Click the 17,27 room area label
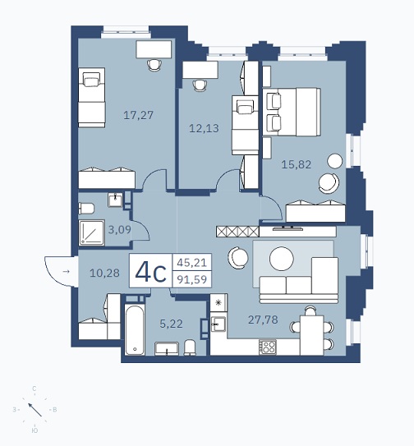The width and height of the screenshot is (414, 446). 138,115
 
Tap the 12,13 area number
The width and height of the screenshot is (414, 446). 204,128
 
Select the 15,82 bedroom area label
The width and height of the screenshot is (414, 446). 297,164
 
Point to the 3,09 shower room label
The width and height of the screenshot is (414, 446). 119,229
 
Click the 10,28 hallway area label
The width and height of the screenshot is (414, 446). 104,273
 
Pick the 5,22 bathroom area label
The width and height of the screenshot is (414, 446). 171,324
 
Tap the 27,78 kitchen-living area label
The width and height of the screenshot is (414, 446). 263,320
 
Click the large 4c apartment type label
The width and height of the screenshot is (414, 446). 150,272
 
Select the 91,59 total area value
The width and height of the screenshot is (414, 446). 191,279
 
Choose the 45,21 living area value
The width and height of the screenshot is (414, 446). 191,262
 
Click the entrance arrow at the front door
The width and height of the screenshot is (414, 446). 66,272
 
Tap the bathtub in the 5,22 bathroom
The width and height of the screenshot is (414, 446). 135,329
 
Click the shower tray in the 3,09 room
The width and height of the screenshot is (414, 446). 92,232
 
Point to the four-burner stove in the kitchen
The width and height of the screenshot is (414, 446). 268,347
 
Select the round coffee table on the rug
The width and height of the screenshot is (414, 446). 282,259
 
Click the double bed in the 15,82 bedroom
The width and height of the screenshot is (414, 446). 292,112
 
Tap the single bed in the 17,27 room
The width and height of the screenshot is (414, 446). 92,97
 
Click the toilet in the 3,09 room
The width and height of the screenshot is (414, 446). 86,209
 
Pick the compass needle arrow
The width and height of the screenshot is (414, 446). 35,410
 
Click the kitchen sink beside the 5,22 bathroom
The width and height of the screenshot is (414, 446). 218,324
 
